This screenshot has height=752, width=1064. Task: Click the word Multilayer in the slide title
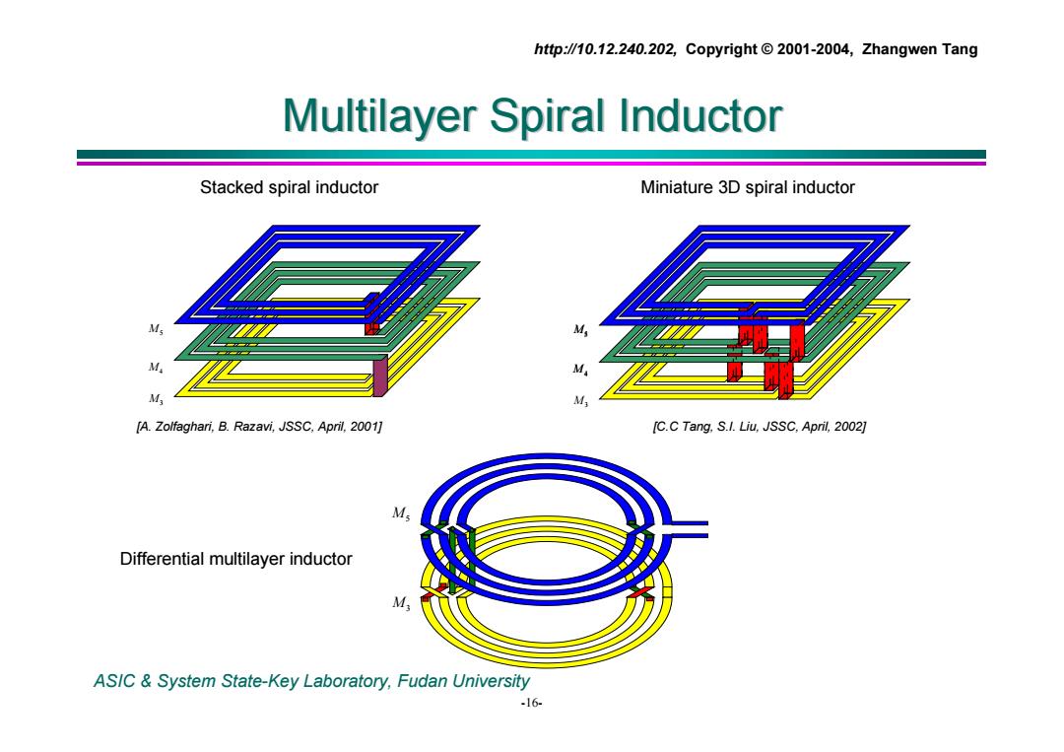tap(379, 116)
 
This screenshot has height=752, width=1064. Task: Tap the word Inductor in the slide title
tap(700, 115)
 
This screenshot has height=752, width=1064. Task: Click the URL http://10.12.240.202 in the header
tap(605, 49)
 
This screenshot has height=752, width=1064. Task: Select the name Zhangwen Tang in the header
tap(919, 49)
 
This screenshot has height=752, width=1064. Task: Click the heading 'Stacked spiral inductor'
tap(289, 187)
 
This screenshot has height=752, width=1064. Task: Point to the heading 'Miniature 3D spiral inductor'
tap(747, 187)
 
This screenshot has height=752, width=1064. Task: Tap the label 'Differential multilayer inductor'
tap(236, 559)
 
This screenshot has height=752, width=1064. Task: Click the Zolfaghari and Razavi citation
tap(259, 426)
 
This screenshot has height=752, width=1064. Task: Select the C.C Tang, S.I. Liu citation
tap(760, 426)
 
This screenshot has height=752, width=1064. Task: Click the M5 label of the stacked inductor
tap(156, 329)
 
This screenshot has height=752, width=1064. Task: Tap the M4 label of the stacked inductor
tap(156, 368)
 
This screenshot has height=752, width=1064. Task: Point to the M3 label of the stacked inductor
tap(156, 398)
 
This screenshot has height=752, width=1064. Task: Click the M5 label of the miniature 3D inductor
tap(580, 330)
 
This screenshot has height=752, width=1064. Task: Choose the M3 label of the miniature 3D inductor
tap(580, 400)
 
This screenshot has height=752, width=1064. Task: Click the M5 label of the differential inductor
tap(400, 513)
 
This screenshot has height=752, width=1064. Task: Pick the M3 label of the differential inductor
tap(401, 603)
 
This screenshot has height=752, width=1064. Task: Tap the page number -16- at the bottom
tap(531, 703)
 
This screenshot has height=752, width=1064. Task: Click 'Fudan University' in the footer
tap(463, 681)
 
